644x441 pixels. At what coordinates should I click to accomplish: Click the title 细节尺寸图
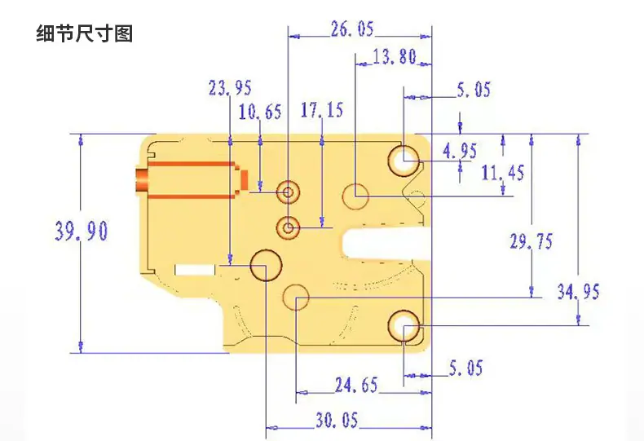[85, 33]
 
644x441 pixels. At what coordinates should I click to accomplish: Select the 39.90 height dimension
[82, 231]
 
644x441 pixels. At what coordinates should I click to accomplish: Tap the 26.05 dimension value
[353, 29]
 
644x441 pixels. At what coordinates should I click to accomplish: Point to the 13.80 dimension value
[395, 57]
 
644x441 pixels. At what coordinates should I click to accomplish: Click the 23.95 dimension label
[230, 88]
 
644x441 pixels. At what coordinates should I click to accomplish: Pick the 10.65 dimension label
[260, 112]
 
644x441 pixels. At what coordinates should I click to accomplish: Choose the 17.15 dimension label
[321, 110]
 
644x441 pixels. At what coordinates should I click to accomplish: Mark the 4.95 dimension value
[460, 151]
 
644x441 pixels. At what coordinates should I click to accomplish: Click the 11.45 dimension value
[503, 173]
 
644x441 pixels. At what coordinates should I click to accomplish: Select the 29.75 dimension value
[531, 241]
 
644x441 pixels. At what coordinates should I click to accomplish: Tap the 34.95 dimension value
[578, 292]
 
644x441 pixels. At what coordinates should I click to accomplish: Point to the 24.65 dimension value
[356, 385]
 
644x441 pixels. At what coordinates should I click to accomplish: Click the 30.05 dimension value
[337, 420]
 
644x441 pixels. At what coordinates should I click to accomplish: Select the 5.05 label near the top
[474, 90]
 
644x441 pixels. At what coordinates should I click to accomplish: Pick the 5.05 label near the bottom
[465, 368]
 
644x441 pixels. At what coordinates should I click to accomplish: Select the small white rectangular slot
[195, 270]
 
